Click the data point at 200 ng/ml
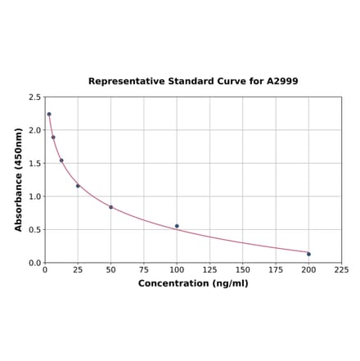pyautogui.click(x=308, y=254)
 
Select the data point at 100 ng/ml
pyautogui.click(x=177, y=226)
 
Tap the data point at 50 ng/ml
pyautogui.click(x=111, y=207)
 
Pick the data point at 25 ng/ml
pyautogui.click(x=78, y=186)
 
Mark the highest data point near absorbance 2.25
pyautogui.click(x=49, y=114)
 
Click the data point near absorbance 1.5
pyautogui.click(x=61, y=160)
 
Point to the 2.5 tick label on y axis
pyautogui.click(x=35, y=97)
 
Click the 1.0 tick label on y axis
pyautogui.click(x=35, y=196)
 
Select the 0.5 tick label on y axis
pyautogui.click(x=35, y=230)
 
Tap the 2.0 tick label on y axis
pyautogui.click(x=35, y=130)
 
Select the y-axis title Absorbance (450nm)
pyautogui.click(x=19, y=179)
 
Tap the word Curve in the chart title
pyautogui.click(x=231, y=82)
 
